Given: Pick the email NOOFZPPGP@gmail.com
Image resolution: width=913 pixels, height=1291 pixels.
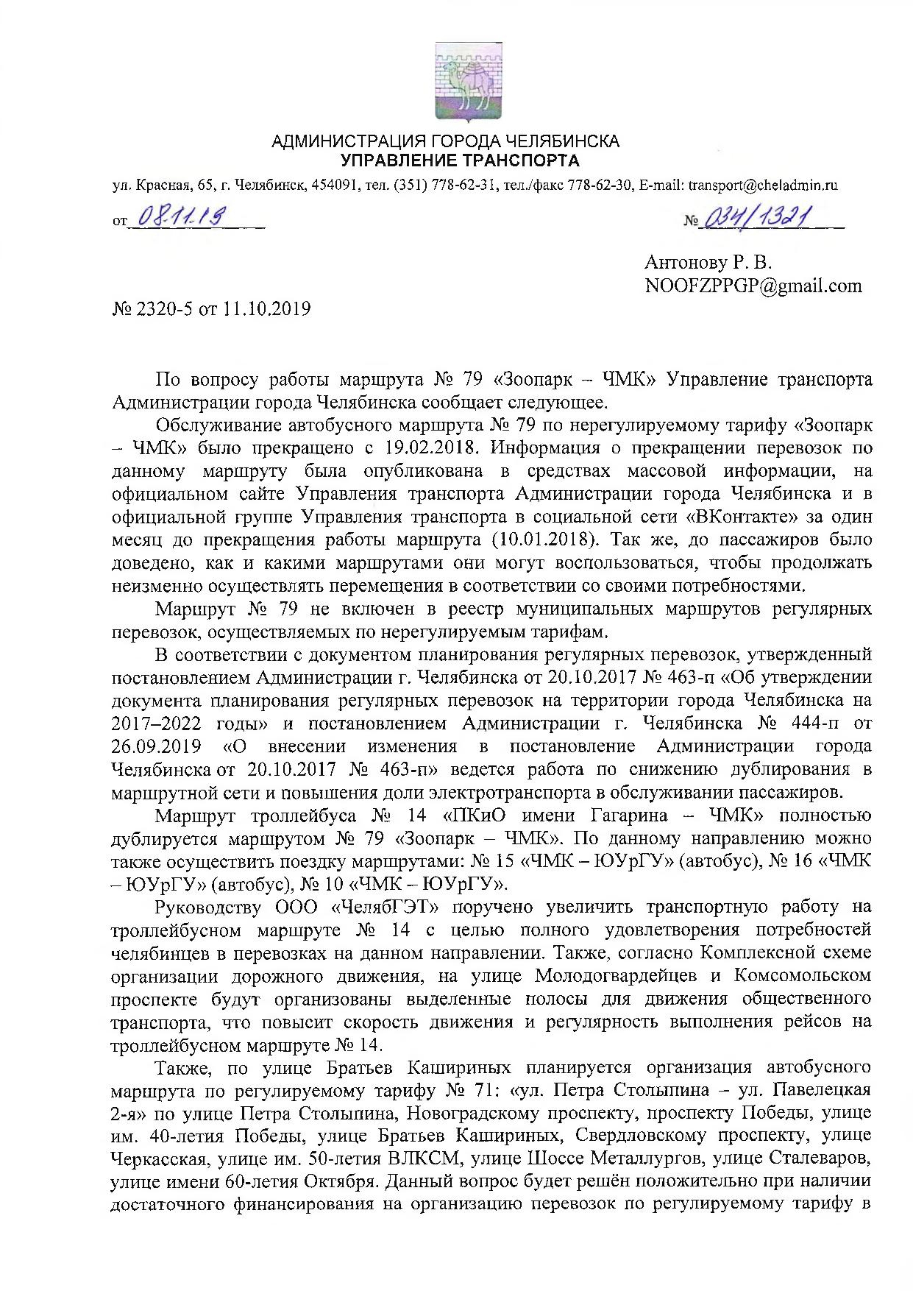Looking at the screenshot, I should click(753, 286).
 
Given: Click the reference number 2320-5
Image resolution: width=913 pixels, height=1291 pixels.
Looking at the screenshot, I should click(158, 308).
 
